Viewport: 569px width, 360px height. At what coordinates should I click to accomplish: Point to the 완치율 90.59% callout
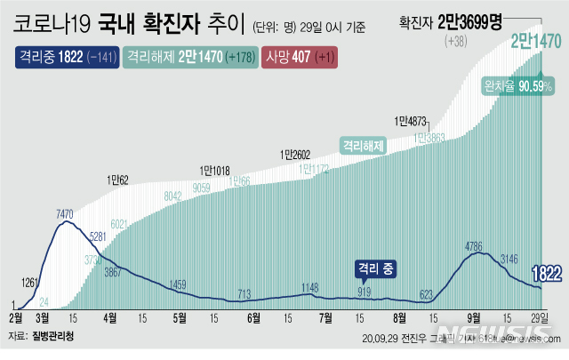pos(517,86)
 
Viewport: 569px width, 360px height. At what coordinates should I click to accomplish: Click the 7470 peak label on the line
pos(64,214)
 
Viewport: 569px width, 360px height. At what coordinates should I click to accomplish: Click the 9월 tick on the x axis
pos(474,316)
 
